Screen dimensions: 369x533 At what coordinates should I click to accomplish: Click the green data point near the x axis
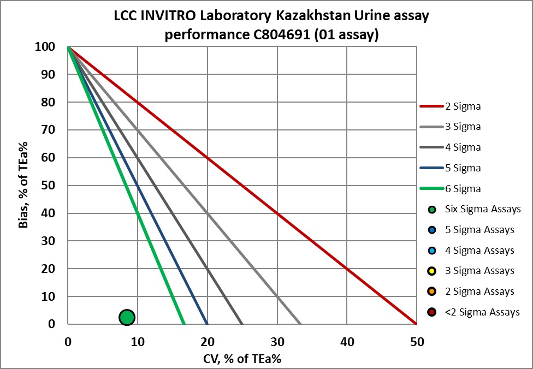click(127, 317)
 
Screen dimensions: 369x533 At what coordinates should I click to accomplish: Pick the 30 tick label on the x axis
click(277, 342)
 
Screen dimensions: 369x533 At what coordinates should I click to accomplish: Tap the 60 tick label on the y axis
click(48, 158)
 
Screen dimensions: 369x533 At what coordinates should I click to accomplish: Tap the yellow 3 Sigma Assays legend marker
click(432, 271)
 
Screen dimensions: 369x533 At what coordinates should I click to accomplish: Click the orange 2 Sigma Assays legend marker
click(432, 292)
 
